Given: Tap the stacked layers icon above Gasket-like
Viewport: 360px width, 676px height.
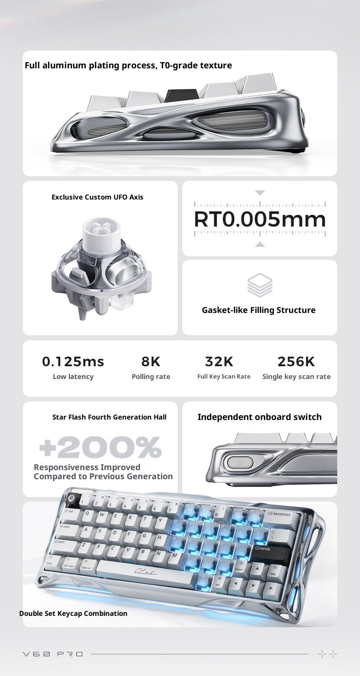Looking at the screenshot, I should click(x=260, y=285).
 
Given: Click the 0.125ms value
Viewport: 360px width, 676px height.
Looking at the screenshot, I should click(x=73, y=362).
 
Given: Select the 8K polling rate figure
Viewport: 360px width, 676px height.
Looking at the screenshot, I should click(x=151, y=362).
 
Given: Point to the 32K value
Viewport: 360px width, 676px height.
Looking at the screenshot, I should click(x=219, y=362).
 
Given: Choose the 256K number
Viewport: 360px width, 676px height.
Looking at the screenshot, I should click(x=296, y=362).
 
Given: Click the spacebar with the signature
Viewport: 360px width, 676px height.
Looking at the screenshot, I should click(x=144, y=572).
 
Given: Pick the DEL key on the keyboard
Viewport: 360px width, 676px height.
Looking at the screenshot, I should click(x=272, y=571).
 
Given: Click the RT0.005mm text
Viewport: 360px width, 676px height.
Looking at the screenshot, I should click(x=260, y=220).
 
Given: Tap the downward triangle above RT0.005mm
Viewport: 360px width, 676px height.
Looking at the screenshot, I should click(x=260, y=193).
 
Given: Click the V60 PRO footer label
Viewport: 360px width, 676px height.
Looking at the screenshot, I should click(x=53, y=654).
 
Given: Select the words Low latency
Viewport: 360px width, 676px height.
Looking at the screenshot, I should click(x=73, y=377).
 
